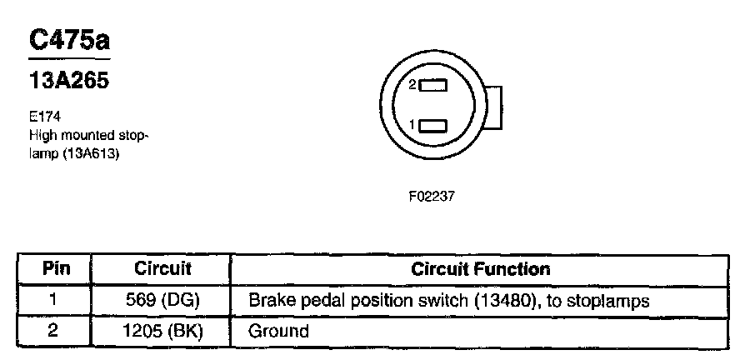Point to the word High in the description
pyautogui.click(x=42, y=135)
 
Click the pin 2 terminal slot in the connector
pyautogui.click(x=433, y=85)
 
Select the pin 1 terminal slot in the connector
pyautogui.click(x=433, y=126)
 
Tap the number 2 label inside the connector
pyautogui.click(x=412, y=85)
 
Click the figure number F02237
pyautogui.click(x=430, y=198)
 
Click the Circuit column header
pyautogui.click(x=162, y=270)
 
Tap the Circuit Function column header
pyautogui.click(x=481, y=270)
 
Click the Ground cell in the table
pyautogui.click(x=279, y=331)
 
